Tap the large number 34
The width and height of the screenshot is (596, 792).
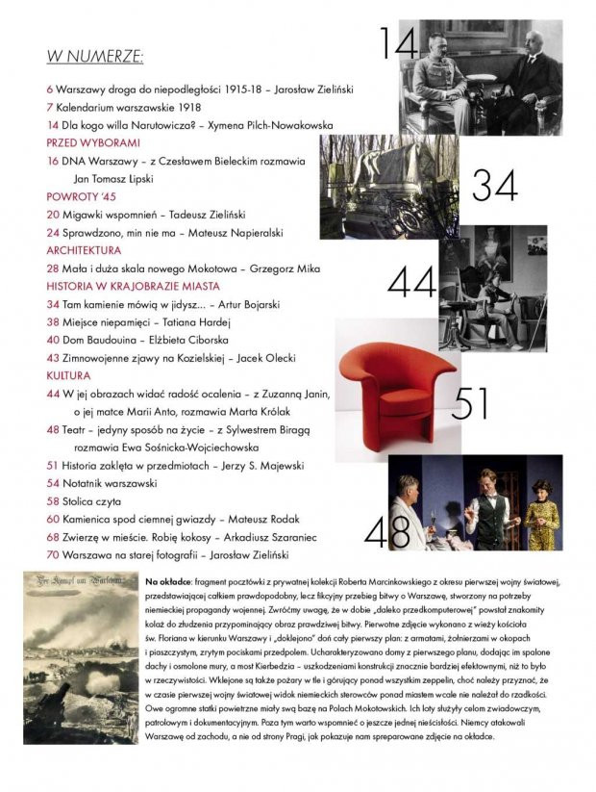493,185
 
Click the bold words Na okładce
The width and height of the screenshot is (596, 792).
167,582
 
